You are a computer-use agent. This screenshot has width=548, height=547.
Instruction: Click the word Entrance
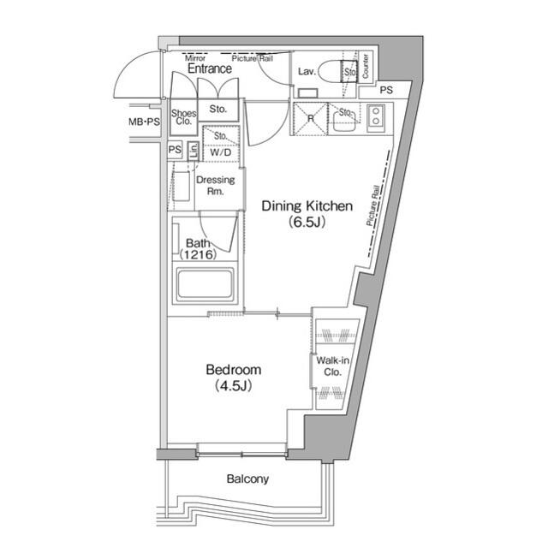click(x=209, y=68)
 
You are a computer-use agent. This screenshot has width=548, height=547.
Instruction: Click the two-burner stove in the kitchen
click(x=376, y=119)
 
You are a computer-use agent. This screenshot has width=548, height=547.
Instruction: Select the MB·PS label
click(x=143, y=122)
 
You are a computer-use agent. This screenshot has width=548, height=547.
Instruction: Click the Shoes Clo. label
click(x=183, y=117)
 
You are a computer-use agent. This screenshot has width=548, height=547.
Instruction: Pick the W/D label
click(x=220, y=152)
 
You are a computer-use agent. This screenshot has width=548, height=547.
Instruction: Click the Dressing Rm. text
click(x=215, y=186)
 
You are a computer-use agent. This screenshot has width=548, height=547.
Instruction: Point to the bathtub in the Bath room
click(x=205, y=285)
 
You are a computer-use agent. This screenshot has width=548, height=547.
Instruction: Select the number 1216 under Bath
click(x=199, y=255)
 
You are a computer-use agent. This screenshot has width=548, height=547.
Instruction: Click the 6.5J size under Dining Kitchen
click(x=307, y=221)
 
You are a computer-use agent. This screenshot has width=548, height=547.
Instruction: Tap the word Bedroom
click(x=233, y=370)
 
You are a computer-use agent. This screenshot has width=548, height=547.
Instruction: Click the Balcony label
click(x=247, y=479)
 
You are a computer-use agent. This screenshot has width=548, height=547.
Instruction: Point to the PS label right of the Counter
click(x=386, y=90)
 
